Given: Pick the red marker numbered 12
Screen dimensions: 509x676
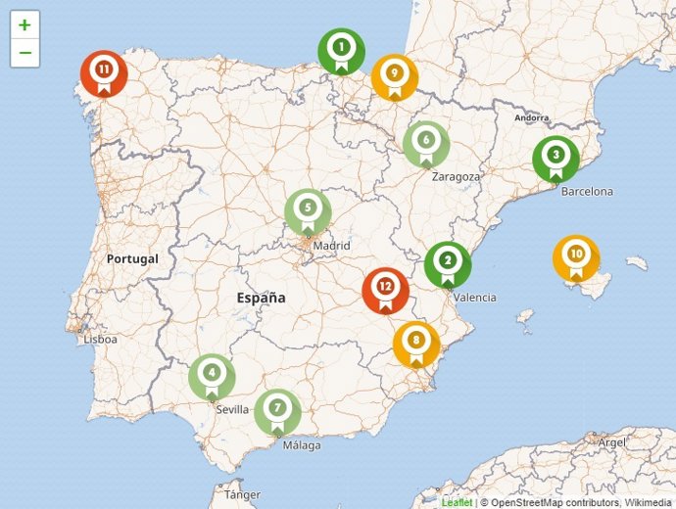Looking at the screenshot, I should [385, 290].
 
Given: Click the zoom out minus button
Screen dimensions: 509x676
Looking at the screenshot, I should [24, 53].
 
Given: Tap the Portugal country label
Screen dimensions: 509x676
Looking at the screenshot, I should [130, 259].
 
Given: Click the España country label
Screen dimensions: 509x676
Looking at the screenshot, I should [261, 297].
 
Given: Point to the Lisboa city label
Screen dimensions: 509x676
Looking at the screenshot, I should [100, 340].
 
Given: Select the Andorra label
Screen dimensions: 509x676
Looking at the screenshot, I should [531, 117].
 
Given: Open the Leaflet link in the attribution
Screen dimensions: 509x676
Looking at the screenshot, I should [457, 502].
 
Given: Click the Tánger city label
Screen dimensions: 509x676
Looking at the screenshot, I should [242, 494].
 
